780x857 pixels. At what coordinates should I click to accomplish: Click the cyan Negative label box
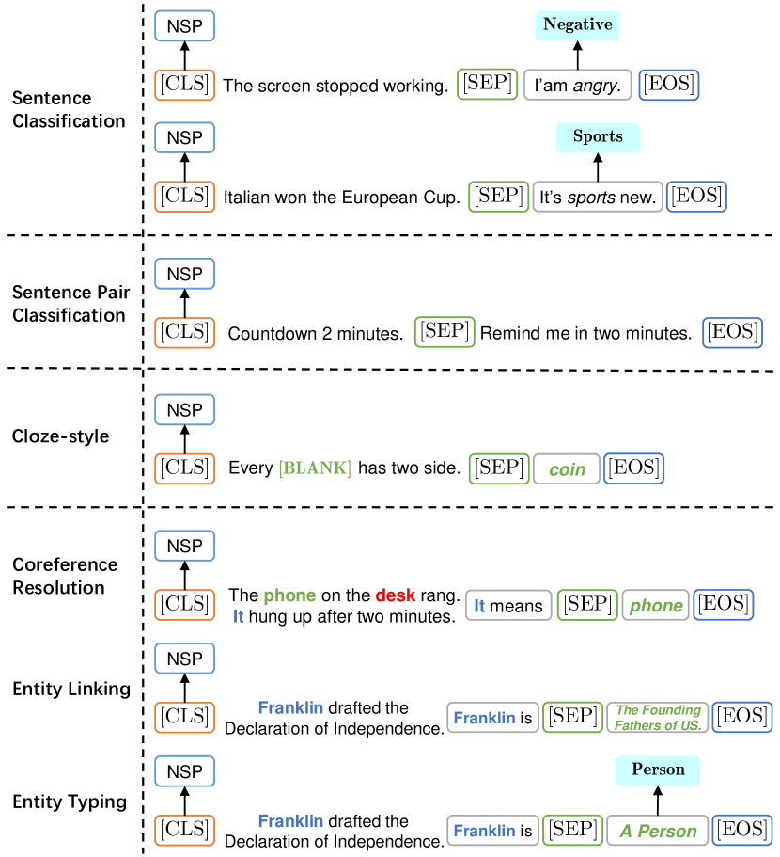(577, 25)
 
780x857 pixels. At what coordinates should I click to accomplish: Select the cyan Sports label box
(598, 137)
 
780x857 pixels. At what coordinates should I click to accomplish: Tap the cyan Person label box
(658, 770)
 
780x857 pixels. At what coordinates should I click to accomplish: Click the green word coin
(567, 469)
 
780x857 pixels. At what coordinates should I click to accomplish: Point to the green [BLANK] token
(315, 468)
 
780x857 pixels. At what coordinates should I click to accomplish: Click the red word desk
(396, 595)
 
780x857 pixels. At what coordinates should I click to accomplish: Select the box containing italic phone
(656, 605)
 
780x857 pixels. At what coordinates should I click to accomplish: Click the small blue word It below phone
(239, 616)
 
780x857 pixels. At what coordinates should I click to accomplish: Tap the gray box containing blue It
(508, 605)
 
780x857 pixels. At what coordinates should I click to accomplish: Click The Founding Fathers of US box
(658, 718)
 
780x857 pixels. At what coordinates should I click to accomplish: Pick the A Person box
(658, 831)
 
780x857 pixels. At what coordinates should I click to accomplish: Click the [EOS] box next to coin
(634, 468)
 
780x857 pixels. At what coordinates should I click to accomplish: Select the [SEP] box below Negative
(488, 84)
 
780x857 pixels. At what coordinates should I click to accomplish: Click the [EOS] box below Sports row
(696, 197)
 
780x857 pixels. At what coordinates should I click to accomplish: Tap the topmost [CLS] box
(184, 84)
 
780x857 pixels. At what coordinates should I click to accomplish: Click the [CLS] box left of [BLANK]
(184, 468)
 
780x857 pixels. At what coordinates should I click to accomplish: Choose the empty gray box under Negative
(577, 85)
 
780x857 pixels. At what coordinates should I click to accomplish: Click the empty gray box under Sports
(598, 197)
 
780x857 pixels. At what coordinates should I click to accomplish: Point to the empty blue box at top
(184, 26)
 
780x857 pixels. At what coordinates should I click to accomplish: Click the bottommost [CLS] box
(184, 830)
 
